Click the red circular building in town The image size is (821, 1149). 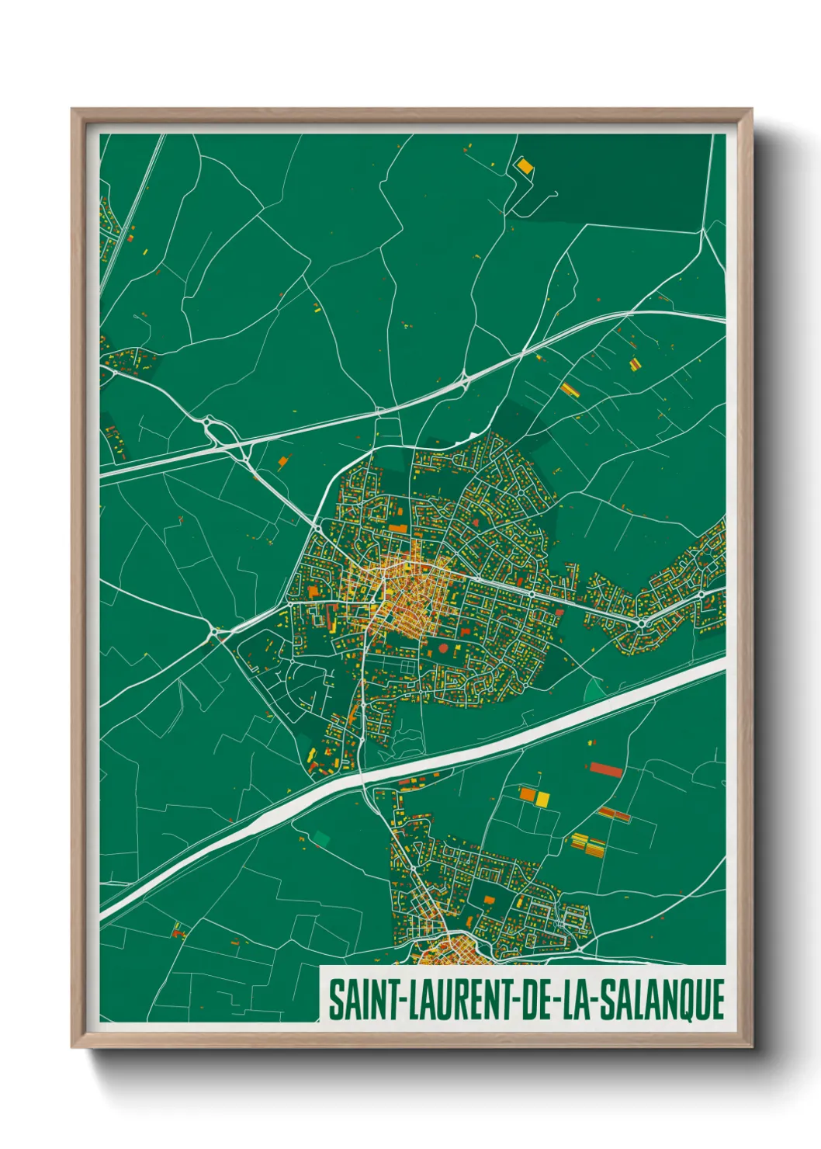point(443,647)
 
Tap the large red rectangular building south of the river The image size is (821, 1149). point(606,770)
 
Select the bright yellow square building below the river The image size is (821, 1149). point(542,798)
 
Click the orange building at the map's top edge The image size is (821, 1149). point(525,165)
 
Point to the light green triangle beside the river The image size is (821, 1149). point(594,689)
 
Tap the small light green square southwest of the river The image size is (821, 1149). point(320,838)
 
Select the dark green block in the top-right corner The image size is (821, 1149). point(621,179)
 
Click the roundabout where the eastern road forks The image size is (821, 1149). point(642,622)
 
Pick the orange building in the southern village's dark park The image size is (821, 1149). point(489,900)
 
